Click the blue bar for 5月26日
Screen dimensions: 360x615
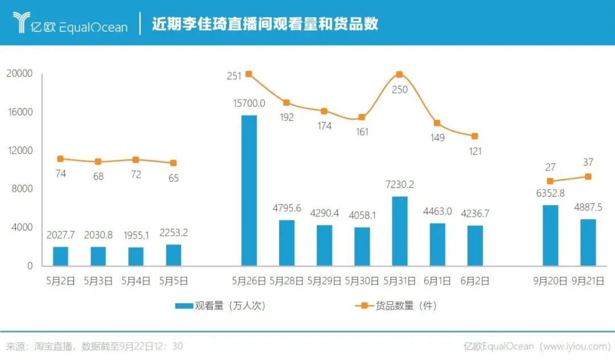(249, 190)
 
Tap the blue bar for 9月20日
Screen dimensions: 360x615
(550, 235)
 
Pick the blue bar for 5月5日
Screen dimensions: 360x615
(174, 255)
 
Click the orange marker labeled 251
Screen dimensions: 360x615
(249, 74)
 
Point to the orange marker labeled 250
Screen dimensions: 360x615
(400, 75)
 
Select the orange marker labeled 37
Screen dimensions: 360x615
(588, 177)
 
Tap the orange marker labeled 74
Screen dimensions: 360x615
(60, 159)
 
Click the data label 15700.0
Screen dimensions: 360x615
(249, 103)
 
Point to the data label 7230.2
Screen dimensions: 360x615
(400, 185)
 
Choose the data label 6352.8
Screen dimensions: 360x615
(550, 193)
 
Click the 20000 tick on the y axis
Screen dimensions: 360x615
(19, 74)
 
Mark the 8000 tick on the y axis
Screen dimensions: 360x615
(22, 189)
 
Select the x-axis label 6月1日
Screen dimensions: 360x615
(437, 281)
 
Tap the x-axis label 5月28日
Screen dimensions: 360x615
(286, 281)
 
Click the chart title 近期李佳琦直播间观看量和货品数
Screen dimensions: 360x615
(265, 24)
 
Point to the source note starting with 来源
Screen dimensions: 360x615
(94, 346)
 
